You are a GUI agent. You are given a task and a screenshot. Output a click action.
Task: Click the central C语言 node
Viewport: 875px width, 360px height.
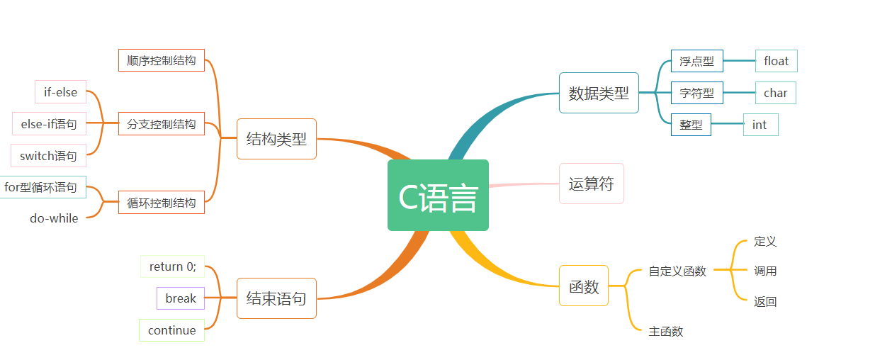click(x=438, y=196)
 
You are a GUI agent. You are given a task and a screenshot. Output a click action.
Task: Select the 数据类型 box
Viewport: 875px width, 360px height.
click(x=599, y=93)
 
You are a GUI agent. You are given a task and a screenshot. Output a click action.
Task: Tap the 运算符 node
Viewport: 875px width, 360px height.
click(x=591, y=184)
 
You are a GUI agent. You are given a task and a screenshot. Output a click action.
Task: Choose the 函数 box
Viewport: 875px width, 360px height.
click(x=584, y=286)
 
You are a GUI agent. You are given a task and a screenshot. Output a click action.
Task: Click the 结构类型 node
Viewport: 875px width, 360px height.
click(x=276, y=139)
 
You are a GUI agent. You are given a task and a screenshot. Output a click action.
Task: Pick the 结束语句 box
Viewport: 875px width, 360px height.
click(x=276, y=298)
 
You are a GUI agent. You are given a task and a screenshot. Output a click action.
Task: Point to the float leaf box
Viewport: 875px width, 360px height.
click(x=776, y=61)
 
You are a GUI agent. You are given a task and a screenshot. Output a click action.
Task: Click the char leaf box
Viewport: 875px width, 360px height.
click(x=775, y=93)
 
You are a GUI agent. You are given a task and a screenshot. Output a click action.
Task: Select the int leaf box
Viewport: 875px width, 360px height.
click(x=760, y=125)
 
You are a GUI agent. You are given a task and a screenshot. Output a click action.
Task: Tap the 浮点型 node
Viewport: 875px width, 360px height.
click(x=696, y=61)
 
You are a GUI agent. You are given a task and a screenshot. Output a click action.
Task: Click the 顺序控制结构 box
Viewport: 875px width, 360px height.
click(x=162, y=60)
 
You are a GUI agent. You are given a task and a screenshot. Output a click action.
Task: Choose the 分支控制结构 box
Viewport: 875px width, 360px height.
click(x=162, y=124)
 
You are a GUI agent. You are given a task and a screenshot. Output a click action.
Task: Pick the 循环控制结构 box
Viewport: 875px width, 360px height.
click(x=162, y=203)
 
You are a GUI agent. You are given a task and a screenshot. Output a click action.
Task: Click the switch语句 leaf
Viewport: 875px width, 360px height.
click(x=48, y=156)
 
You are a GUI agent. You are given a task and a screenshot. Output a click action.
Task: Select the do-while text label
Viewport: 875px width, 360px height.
click(x=54, y=218)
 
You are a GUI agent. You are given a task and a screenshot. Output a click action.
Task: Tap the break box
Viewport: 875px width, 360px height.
click(x=181, y=298)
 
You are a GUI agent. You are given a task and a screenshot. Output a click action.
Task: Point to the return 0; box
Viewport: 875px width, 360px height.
click(x=172, y=266)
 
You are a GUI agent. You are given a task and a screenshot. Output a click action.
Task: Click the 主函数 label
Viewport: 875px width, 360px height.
click(x=665, y=331)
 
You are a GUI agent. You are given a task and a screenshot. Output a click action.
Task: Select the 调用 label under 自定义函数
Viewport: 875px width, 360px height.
click(x=765, y=271)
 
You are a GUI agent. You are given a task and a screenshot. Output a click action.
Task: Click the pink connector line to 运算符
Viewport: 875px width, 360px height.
click(x=524, y=185)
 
